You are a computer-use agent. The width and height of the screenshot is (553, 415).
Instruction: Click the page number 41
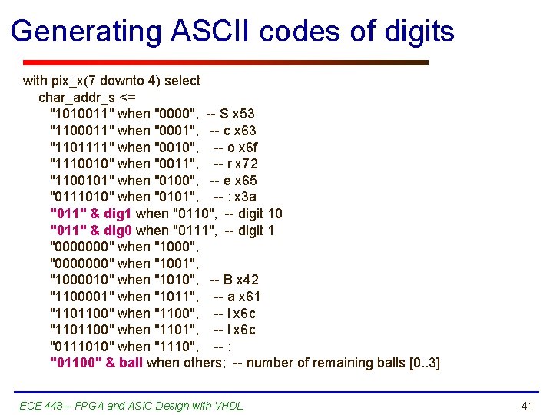pos(527,405)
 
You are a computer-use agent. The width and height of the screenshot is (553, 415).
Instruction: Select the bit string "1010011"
pos(81,114)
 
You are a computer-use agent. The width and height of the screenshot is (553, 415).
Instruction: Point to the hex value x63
pos(246,131)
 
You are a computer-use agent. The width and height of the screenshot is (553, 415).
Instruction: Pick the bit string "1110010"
pos(81,164)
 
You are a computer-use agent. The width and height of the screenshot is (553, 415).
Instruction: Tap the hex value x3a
pos(247,197)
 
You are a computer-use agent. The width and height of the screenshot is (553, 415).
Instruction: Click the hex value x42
pos(248,280)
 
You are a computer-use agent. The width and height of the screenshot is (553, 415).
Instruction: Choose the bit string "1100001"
pos(81,297)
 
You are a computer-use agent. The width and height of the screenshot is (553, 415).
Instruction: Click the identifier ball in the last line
pos(131,363)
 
